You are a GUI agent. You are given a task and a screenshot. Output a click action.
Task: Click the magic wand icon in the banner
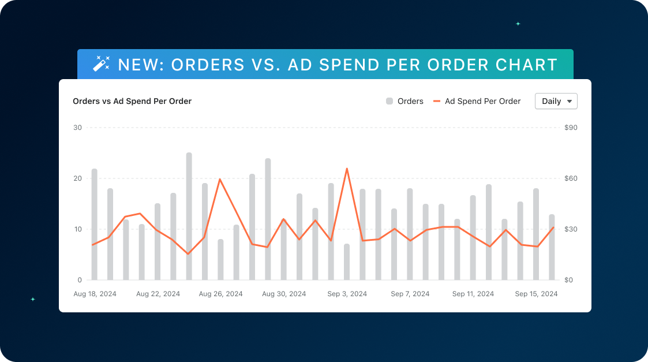102,64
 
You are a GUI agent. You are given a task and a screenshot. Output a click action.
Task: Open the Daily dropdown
556,101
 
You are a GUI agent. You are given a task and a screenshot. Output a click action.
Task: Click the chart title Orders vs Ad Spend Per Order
132,101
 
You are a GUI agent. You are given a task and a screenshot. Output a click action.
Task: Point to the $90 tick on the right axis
571,128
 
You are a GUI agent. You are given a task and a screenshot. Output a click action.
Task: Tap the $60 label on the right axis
571,178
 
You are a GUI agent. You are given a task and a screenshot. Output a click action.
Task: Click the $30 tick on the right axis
571,229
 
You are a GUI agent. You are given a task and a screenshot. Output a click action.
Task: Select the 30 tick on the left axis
78,128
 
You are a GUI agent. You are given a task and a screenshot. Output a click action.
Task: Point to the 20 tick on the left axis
78,178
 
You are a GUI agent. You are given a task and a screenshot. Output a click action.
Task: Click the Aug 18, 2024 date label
95,294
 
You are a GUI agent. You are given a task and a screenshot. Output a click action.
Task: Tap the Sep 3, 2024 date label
347,294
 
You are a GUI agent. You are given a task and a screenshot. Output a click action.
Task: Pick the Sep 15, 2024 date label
536,294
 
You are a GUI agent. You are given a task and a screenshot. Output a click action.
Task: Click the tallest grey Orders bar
189,217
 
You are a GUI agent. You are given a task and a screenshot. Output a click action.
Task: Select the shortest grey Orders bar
347,262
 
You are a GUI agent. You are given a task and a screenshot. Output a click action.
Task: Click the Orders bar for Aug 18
95,225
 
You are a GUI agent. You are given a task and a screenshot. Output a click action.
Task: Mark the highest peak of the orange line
347,169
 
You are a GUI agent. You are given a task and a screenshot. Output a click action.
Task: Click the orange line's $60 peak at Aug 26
220,179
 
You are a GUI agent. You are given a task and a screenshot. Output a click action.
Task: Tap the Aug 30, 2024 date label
284,294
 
